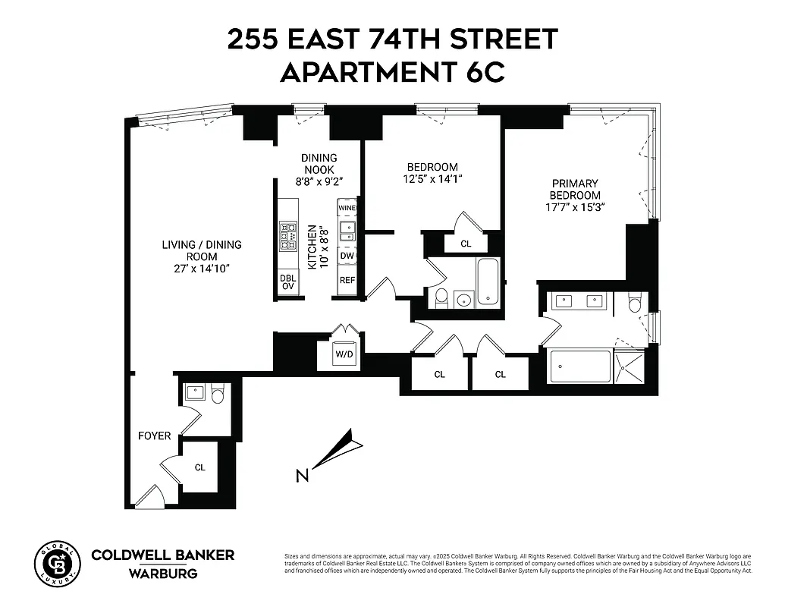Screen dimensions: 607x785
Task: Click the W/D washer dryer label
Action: (x=344, y=354)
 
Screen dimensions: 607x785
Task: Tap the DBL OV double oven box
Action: (x=288, y=281)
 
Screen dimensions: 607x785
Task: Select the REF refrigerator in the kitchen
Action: (x=347, y=280)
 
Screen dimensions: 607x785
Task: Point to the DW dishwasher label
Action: (x=347, y=256)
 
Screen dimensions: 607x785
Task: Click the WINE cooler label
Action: (x=347, y=208)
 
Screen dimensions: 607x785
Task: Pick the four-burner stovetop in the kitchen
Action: (x=289, y=235)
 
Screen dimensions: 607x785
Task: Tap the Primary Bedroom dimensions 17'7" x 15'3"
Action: (x=574, y=206)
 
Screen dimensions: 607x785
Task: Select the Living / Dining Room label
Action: (x=201, y=256)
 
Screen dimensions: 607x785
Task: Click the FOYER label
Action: (x=154, y=436)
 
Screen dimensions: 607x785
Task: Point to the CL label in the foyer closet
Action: (x=199, y=467)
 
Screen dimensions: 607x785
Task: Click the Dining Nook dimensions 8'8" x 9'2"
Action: (x=318, y=181)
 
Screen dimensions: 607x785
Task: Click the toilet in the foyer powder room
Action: (x=218, y=394)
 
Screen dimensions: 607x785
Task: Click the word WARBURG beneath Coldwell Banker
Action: (x=163, y=574)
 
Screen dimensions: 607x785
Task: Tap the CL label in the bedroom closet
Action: (x=466, y=244)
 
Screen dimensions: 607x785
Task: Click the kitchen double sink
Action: (x=347, y=230)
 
